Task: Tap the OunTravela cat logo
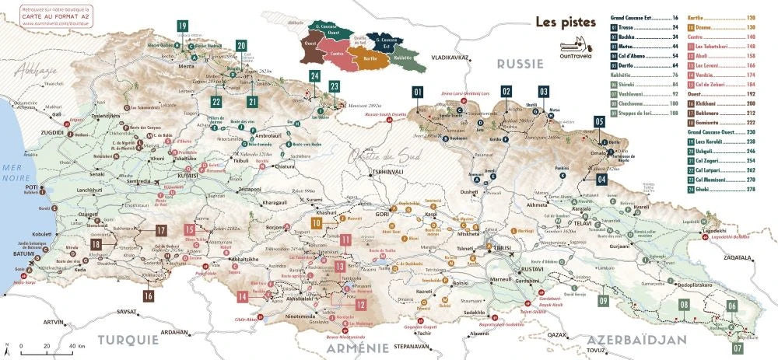(x=575, y=51)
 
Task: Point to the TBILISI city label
(x=499, y=248)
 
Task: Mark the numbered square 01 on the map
(x=418, y=92)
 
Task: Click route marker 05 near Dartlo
(x=599, y=121)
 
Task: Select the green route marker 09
(x=603, y=301)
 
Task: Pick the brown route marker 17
(x=160, y=230)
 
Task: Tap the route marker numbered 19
(x=182, y=26)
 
